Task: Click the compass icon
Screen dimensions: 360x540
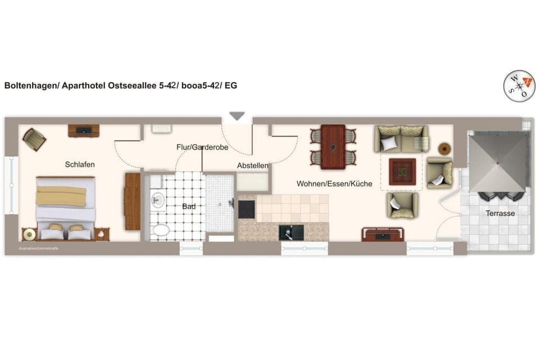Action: coord(519,86)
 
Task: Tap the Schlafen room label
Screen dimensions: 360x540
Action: coord(80,165)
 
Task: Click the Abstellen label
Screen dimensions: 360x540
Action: coord(253,166)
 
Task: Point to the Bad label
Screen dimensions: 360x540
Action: coord(189,206)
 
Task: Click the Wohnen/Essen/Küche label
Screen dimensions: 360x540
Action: coord(335,183)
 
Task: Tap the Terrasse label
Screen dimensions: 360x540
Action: coord(500,213)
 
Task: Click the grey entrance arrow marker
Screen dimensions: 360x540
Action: coord(237,116)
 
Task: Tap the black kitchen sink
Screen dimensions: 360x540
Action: coord(291,232)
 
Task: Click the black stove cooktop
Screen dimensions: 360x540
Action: coord(247,209)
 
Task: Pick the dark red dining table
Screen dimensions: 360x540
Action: coord(333,147)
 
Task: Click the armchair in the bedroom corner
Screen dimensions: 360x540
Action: coord(34,139)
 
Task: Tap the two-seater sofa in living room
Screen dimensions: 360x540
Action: coord(401,138)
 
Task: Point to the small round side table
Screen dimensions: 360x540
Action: coord(445,148)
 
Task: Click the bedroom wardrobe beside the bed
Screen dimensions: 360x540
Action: coord(132,201)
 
